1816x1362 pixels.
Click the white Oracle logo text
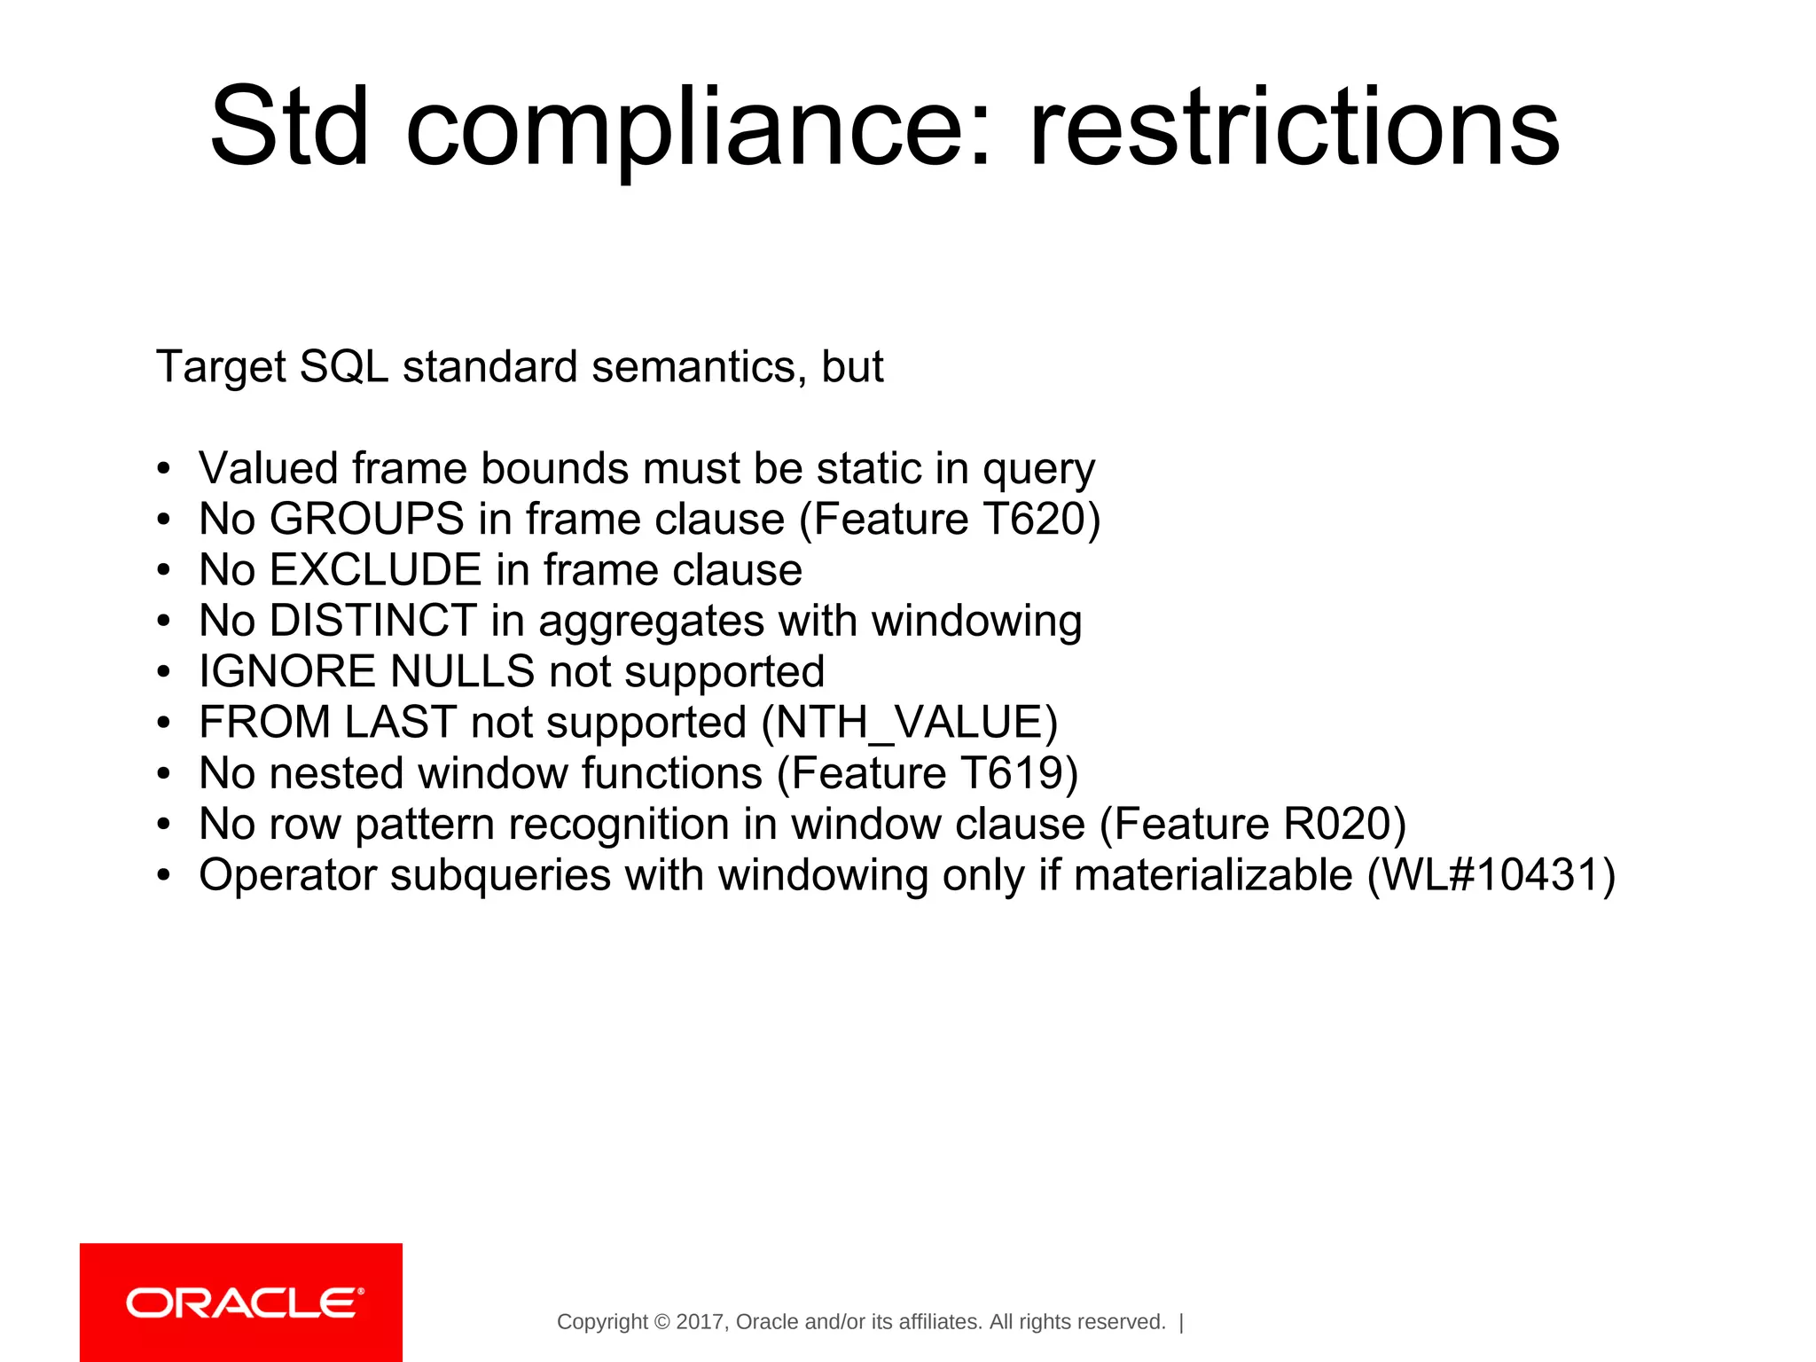(x=244, y=1303)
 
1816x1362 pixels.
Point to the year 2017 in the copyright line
(x=701, y=1322)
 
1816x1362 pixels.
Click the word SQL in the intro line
(x=344, y=366)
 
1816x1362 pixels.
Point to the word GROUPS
(x=367, y=519)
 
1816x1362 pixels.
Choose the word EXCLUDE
(x=375, y=569)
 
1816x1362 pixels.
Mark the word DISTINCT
(x=373, y=621)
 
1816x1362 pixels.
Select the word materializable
(x=1213, y=875)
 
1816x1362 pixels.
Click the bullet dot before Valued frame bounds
(x=163, y=469)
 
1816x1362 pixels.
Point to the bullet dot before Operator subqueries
(x=163, y=876)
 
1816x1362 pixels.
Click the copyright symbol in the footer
(x=661, y=1322)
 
